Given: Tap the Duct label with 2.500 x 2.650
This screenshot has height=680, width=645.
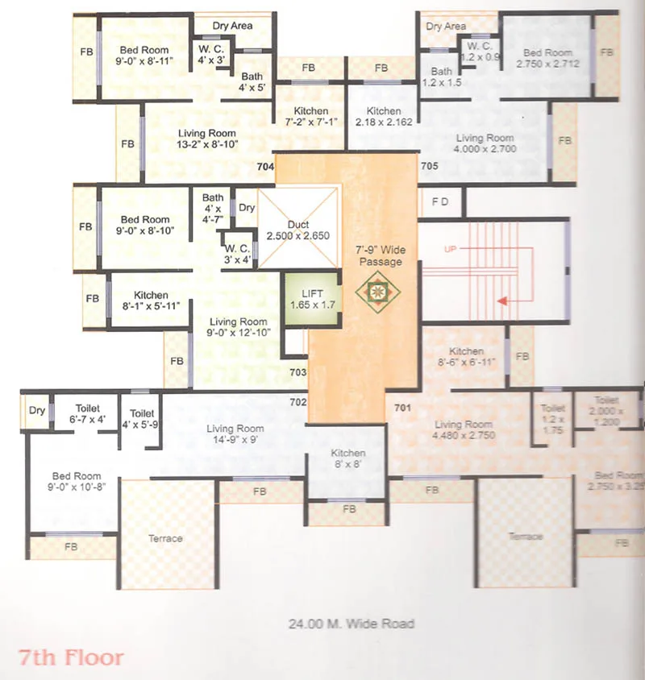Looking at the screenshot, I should coord(298,230).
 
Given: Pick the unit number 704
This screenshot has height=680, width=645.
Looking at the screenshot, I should coord(265,167).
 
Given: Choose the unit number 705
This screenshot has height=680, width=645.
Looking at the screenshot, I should coord(429,167).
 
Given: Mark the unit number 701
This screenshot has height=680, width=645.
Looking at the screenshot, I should coord(402,408).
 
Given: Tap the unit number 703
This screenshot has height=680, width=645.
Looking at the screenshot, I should coord(298,372).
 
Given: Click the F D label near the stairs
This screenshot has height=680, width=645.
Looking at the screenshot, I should coord(440,201).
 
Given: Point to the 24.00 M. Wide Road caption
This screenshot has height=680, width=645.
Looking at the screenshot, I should coord(351,624).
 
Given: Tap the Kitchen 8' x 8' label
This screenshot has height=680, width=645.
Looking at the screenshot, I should coord(347,459).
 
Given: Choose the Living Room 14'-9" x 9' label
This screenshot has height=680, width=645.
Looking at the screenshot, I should coord(235,434).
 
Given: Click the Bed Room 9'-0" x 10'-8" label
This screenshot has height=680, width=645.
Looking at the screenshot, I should coord(77,481).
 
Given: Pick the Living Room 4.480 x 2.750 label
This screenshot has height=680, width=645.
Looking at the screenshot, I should coord(463,430).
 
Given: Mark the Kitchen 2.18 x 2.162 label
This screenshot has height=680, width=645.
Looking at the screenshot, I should coord(384,117).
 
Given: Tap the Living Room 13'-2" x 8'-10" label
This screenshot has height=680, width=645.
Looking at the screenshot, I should coord(207,139).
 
